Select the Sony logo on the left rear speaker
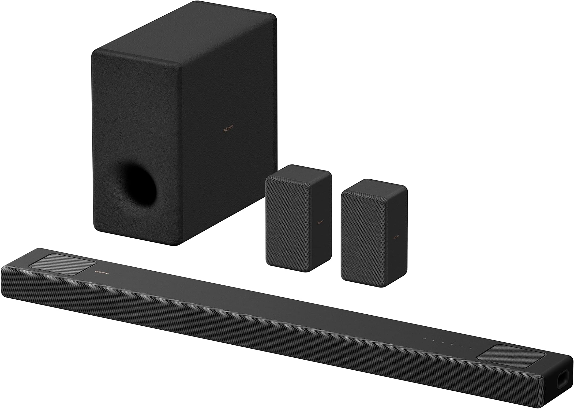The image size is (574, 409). [x=320, y=222]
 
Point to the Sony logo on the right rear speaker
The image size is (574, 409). [x=396, y=237]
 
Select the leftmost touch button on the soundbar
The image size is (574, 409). [x=424, y=339]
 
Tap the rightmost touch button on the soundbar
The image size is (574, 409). [x=470, y=348]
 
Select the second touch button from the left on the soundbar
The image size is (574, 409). [x=434, y=340]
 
